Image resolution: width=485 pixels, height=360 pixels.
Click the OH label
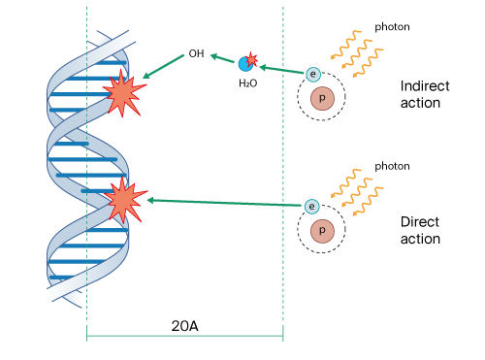(x=196, y=53)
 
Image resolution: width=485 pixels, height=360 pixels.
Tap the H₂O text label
(x=249, y=83)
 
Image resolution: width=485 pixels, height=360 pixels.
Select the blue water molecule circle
(x=245, y=64)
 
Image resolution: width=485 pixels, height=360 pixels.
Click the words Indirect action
(x=420, y=94)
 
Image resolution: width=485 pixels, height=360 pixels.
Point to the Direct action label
(x=420, y=230)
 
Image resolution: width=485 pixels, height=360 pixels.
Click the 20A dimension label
(x=184, y=326)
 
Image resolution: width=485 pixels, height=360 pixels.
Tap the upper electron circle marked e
(x=312, y=74)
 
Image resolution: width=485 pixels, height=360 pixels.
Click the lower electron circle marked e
(x=311, y=207)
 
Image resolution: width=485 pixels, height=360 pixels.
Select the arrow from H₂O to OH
(x=222, y=58)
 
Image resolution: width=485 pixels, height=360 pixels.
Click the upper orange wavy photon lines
(x=353, y=53)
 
